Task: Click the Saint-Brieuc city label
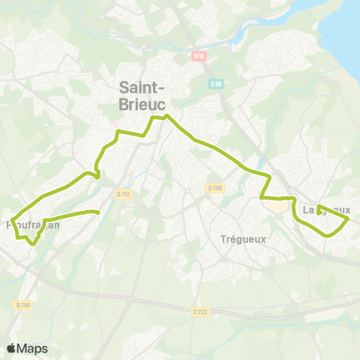(145, 96)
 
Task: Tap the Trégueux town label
(244, 239)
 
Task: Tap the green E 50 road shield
(214, 85)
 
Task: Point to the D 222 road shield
(199, 311)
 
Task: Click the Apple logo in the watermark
(12, 348)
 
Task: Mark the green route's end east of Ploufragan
(98, 212)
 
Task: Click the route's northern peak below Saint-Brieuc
(166, 116)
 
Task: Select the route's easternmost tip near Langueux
(349, 219)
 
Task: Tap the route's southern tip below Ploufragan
(32, 243)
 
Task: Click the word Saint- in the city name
(145, 87)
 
